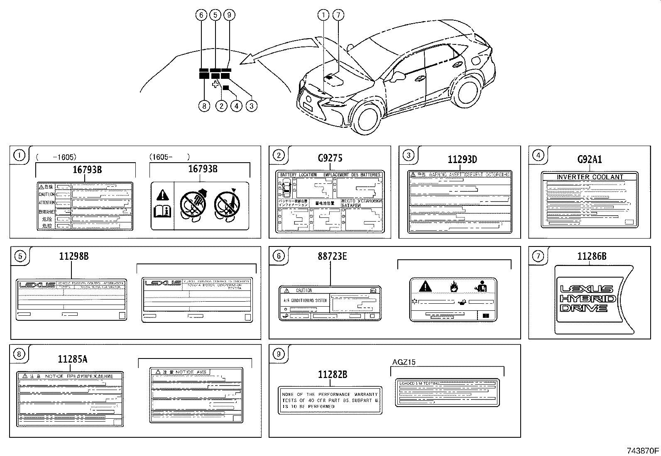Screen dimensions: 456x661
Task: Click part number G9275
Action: coord(330,158)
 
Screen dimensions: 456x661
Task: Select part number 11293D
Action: coord(462,159)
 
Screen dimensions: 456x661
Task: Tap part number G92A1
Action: coord(590,159)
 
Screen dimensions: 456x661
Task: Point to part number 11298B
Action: coord(73,256)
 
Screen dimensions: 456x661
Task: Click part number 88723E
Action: coord(331,256)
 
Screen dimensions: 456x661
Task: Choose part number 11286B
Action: coord(592,256)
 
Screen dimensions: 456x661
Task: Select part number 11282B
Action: coord(332,375)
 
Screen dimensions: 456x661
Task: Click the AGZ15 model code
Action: coord(404,362)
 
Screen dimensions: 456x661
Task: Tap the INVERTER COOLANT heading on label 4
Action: coord(590,177)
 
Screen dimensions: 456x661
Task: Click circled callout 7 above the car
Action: coord(338,15)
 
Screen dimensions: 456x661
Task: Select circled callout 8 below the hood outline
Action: coord(204,106)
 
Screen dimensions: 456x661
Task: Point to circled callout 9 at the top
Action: coord(229,15)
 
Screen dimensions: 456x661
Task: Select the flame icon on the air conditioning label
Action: coord(454,286)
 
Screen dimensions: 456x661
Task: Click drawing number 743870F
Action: coord(643,450)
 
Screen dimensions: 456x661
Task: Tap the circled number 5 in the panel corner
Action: coord(20,256)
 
